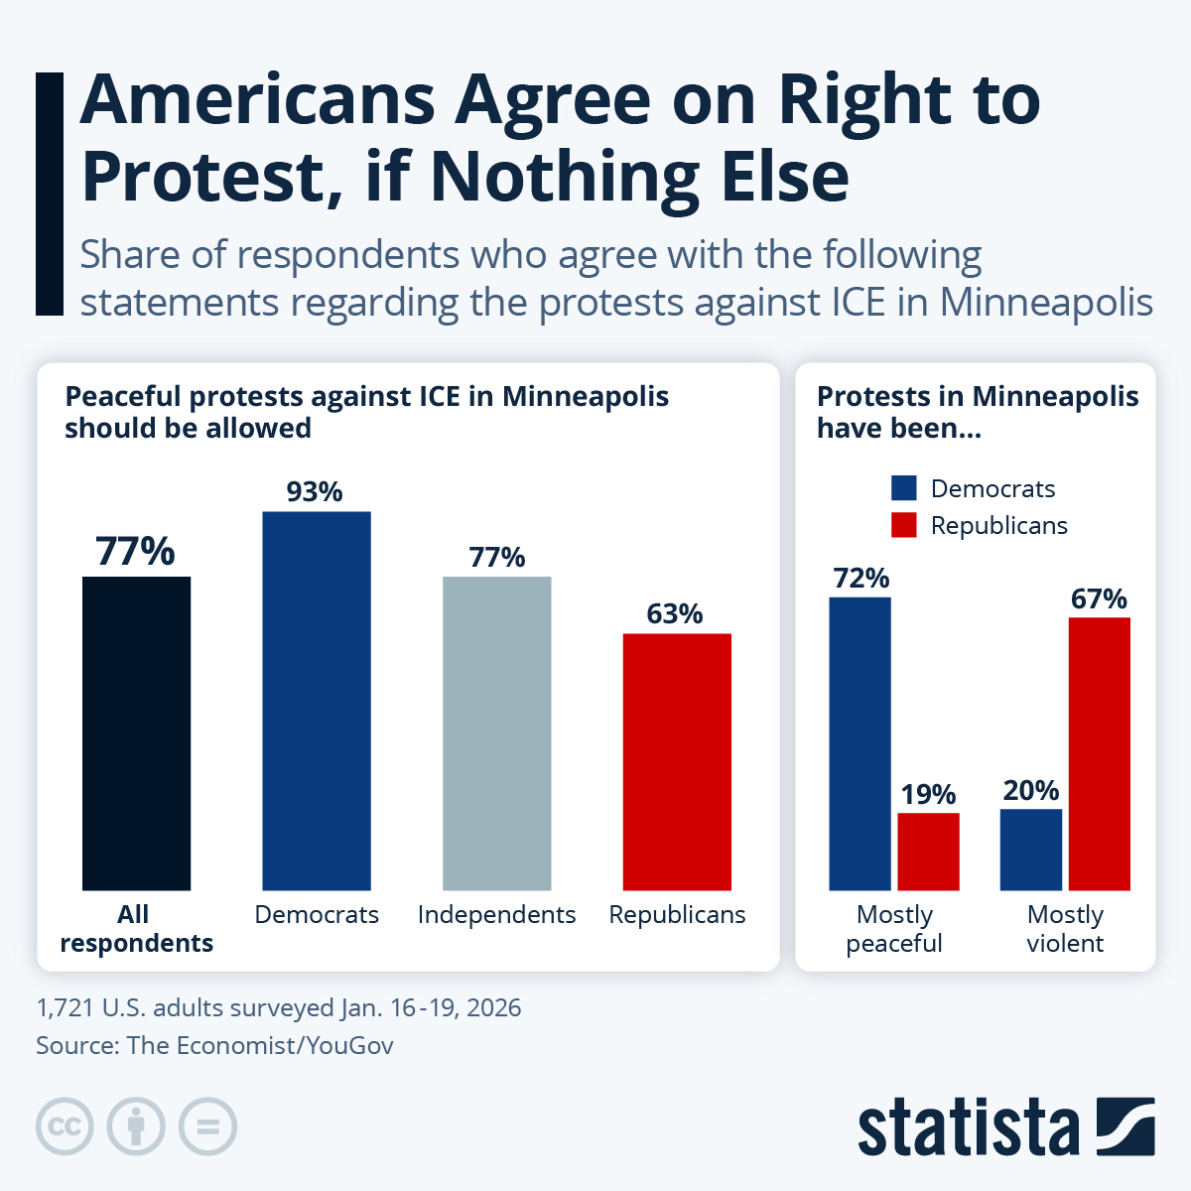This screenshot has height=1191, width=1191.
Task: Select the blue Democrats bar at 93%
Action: (x=316, y=701)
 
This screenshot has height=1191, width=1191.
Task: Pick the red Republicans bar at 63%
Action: (x=677, y=761)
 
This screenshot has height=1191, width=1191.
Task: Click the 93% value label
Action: (x=315, y=491)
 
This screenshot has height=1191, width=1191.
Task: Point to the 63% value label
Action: (x=675, y=614)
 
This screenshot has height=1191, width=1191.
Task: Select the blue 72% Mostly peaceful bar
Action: (x=860, y=743)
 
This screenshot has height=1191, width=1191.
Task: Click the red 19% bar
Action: (x=928, y=852)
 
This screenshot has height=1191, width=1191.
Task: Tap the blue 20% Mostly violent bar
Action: (x=1030, y=850)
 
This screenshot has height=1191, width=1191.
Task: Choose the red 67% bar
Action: (x=1099, y=753)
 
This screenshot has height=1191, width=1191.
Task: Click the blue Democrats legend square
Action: (x=903, y=488)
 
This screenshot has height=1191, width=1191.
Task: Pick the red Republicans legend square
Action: (x=903, y=525)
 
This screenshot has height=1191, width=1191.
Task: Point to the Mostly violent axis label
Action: (x=1065, y=928)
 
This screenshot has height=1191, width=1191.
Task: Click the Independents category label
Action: (x=496, y=914)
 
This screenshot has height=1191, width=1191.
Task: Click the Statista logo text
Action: (x=968, y=1128)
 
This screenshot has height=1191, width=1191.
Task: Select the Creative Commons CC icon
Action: (x=65, y=1126)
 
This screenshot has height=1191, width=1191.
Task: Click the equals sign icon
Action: (x=207, y=1126)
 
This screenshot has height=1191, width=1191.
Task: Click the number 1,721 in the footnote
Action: (x=64, y=1007)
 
